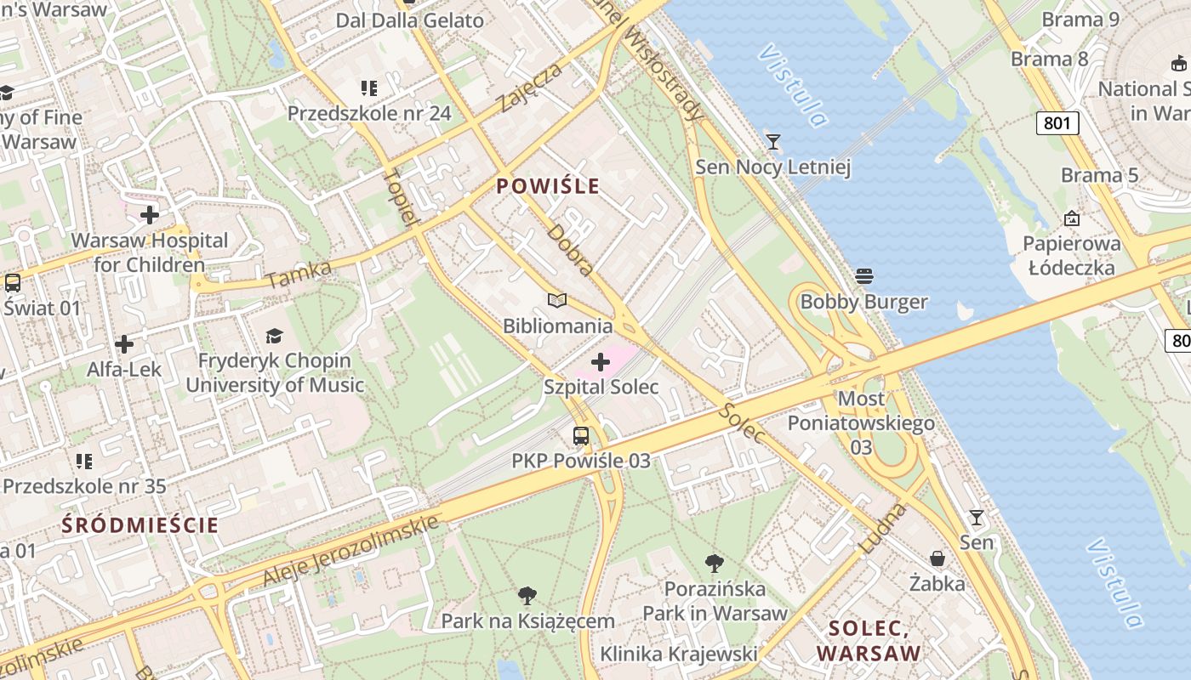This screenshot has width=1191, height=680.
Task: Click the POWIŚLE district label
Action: pyautogui.click(x=548, y=186)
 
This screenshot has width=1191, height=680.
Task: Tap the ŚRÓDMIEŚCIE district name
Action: pyautogui.click(x=140, y=525)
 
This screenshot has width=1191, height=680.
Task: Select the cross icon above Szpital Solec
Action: pyautogui.click(x=601, y=363)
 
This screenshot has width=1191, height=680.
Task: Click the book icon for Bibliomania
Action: pyautogui.click(x=557, y=301)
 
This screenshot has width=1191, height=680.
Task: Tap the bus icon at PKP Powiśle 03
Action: pyautogui.click(x=581, y=436)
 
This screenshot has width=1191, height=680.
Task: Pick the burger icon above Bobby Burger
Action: pyautogui.click(x=864, y=276)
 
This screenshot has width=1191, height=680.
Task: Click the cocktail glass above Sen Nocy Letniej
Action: pyautogui.click(x=772, y=142)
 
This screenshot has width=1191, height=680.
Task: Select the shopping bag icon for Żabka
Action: pyautogui.click(x=937, y=558)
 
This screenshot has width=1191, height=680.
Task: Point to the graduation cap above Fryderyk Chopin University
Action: pyautogui.click(x=274, y=337)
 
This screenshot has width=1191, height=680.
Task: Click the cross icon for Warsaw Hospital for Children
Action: pyautogui.click(x=150, y=215)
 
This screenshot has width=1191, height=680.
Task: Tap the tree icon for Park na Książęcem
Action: pyautogui.click(x=527, y=595)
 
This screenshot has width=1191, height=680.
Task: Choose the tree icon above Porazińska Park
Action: pyautogui.click(x=715, y=563)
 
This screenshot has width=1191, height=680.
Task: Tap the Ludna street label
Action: pyautogui.click(x=884, y=529)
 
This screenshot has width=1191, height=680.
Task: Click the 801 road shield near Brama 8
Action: pyautogui.click(x=1057, y=123)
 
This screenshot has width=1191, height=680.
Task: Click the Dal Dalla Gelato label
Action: pyautogui.click(x=410, y=20)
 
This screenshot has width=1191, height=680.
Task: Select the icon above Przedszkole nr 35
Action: pyautogui.click(x=83, y=462)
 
